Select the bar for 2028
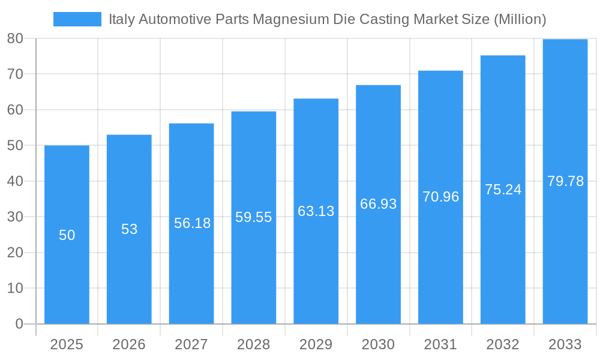253,270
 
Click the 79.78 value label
565,181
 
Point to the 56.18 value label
192,223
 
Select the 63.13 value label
316,211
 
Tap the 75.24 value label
503,190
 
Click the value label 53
129,229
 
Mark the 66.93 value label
378,204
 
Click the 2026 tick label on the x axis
129,344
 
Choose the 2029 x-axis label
316,344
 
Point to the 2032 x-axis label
503,344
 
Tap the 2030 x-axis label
378,344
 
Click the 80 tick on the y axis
15,38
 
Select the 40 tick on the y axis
15,181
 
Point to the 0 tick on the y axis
19,324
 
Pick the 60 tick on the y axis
15,110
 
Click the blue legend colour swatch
77,19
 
